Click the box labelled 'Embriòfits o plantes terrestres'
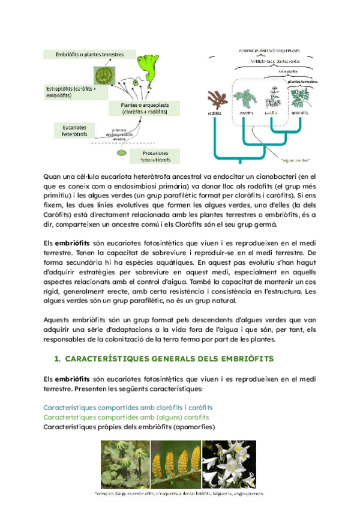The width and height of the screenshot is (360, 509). (x=89, y=54)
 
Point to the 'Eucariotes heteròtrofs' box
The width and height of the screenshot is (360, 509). (x=70, y=130)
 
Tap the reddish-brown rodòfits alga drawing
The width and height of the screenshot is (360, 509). (x=215, y=97)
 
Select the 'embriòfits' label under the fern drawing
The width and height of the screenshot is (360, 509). (x=300, y=112)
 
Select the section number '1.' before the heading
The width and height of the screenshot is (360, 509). (x=58, y=359)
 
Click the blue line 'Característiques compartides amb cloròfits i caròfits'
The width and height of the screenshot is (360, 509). (x=128, y=407)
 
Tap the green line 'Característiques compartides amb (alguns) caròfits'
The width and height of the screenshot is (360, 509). (x=127, y=417)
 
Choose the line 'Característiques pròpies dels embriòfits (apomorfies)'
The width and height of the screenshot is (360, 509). (x=130, y=427)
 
